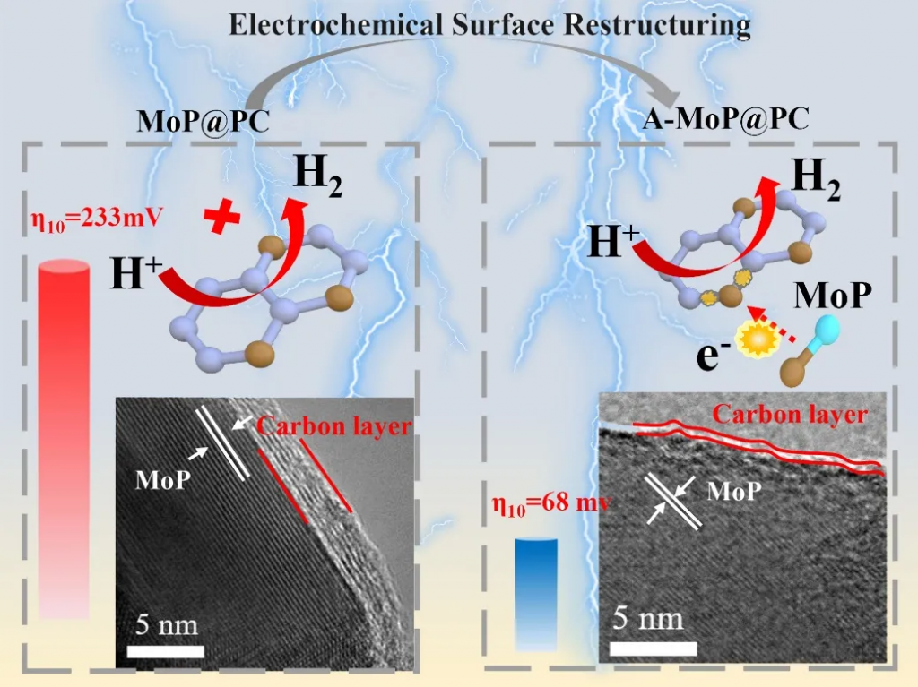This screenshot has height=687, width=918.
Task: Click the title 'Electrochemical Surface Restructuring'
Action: point(489,25)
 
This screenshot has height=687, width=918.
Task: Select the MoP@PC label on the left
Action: point(204,122)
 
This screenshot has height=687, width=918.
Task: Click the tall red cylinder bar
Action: point(64,439)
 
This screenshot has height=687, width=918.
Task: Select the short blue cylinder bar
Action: point(536,591)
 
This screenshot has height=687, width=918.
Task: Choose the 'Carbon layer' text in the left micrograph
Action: point(333,425)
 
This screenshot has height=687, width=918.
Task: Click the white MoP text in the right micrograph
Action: point(735,491)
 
